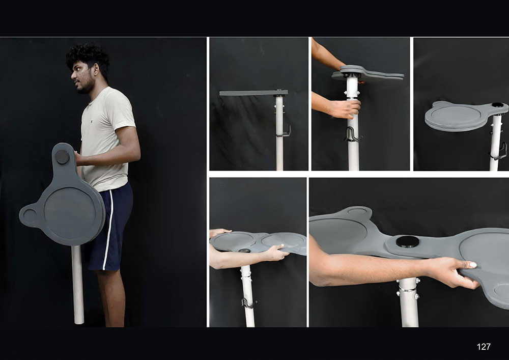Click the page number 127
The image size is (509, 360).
point(484,347)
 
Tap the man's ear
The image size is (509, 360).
point(96,70)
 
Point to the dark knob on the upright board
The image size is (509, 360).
point(62,157)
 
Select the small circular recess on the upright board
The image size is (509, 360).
point(30,215)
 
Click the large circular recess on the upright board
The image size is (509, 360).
point(70,213)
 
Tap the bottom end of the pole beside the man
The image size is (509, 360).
point(79,322)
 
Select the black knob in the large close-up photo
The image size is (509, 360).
point(407,241)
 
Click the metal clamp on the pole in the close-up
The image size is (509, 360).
point(408,288)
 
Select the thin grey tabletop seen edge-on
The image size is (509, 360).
point(253,93)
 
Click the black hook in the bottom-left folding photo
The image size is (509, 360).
point(249,303)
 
